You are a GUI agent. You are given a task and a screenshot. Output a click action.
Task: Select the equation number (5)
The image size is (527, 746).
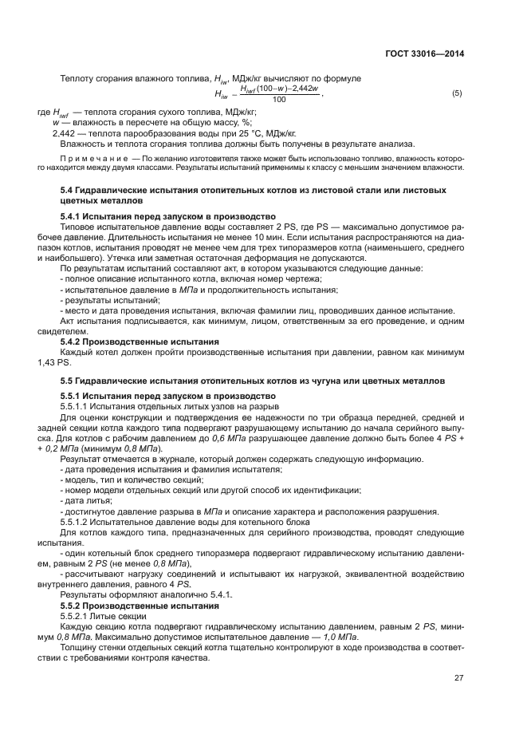pyautogui.click(x=457, y=94)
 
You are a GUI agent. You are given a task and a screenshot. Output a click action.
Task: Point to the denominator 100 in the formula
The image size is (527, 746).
pyautogui.click(x=279, y=100)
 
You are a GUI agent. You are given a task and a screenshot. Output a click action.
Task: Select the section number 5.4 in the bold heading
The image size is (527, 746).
pyautogui.click(x=67, y=191)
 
